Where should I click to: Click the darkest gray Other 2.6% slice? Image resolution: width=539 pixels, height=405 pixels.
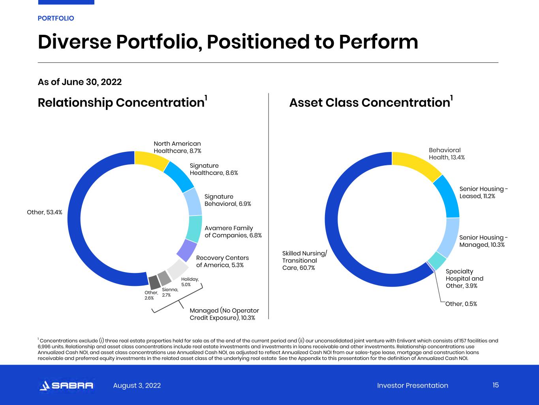(154, 282)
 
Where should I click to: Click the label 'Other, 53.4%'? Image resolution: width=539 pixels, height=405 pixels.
(45, 212)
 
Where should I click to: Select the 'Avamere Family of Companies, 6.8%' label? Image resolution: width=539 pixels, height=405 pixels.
(233, 232)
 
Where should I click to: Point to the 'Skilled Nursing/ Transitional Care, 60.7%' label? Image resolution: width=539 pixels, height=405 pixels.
(304, 260)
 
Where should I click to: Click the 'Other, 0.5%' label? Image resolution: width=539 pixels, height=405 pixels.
(461, 304)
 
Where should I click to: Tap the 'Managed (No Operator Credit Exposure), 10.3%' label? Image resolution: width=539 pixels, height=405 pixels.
(224, 314)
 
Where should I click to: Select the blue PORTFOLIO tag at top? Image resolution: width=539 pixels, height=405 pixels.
(56, 18)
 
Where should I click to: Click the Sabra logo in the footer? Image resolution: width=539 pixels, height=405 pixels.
(66, 385)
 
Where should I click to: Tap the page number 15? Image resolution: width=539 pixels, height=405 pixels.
(496, 385)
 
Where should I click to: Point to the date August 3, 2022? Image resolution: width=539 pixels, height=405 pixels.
(137, 385)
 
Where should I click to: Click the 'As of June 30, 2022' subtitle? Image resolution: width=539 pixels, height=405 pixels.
(79, 82)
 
